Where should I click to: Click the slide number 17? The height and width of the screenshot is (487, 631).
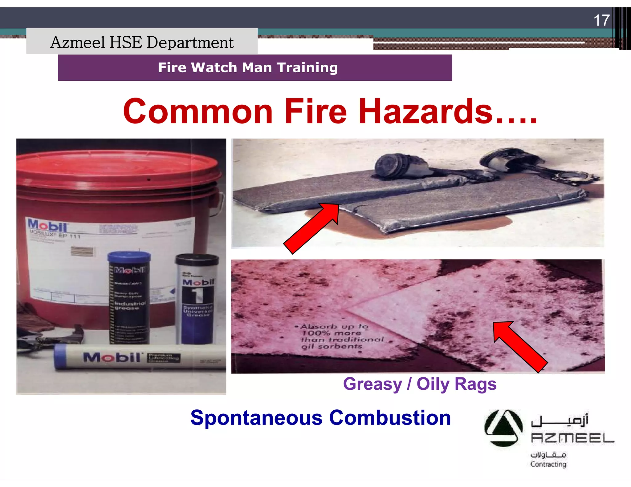(601, 20)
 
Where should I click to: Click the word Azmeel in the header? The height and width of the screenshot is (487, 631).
(77, 42)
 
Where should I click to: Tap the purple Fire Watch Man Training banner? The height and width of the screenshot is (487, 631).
(255, 68)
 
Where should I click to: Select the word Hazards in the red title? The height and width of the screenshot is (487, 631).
(425, 111)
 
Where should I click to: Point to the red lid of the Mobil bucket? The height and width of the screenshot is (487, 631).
(118, 166)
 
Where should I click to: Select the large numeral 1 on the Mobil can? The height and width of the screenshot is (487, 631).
(197, 296)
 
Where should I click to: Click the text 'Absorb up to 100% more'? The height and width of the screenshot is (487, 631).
(333, 330)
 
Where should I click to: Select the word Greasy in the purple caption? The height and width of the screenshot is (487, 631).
(372, 384)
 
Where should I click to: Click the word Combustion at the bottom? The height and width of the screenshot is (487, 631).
(390, 418)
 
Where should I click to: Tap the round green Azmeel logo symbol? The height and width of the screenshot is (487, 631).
(503, 428)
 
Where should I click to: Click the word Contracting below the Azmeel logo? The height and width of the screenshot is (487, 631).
(548, 464)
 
